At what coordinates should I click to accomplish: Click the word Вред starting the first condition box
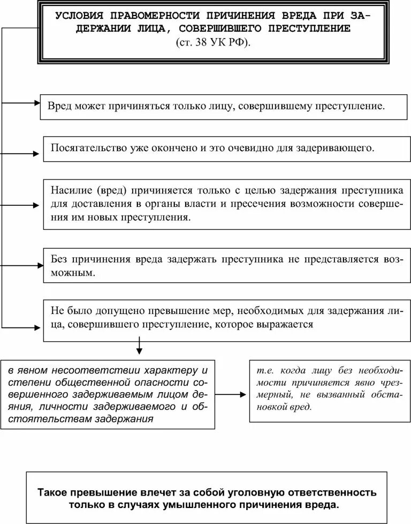click(x=59, y=106)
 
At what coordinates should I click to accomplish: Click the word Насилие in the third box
click(x=68, y=191)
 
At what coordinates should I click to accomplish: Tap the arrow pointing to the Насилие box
click(x=21, y=205)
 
